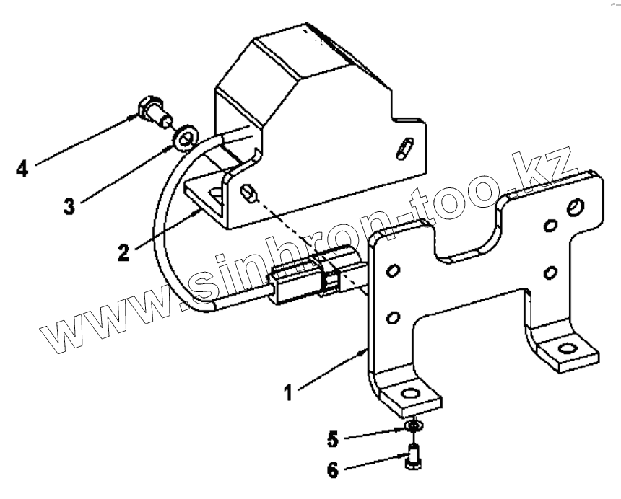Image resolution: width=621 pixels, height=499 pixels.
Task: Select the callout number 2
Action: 125,253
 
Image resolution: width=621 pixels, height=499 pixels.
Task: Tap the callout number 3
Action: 69,206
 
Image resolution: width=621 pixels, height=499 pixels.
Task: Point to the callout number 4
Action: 23,170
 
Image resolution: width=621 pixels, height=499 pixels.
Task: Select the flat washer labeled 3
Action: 187,134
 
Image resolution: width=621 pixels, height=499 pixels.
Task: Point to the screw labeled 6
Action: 413,457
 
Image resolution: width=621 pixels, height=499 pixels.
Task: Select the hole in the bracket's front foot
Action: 410,394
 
